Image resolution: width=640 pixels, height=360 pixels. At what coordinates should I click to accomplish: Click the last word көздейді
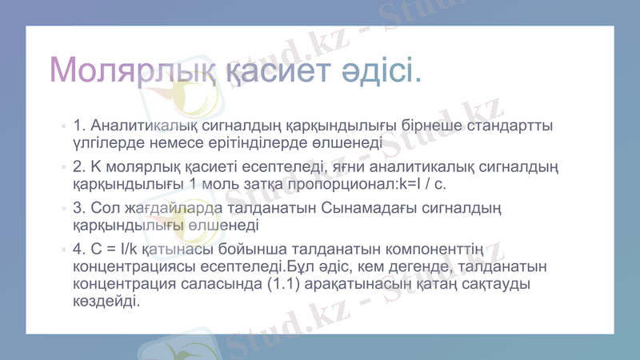[x=106, y=302]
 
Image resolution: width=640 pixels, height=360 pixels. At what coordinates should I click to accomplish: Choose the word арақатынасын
[x=365, y=285]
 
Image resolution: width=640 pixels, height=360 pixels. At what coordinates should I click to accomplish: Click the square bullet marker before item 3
[x=62, y=209]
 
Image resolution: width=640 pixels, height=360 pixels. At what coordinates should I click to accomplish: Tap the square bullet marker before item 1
[x=62, y=127]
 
